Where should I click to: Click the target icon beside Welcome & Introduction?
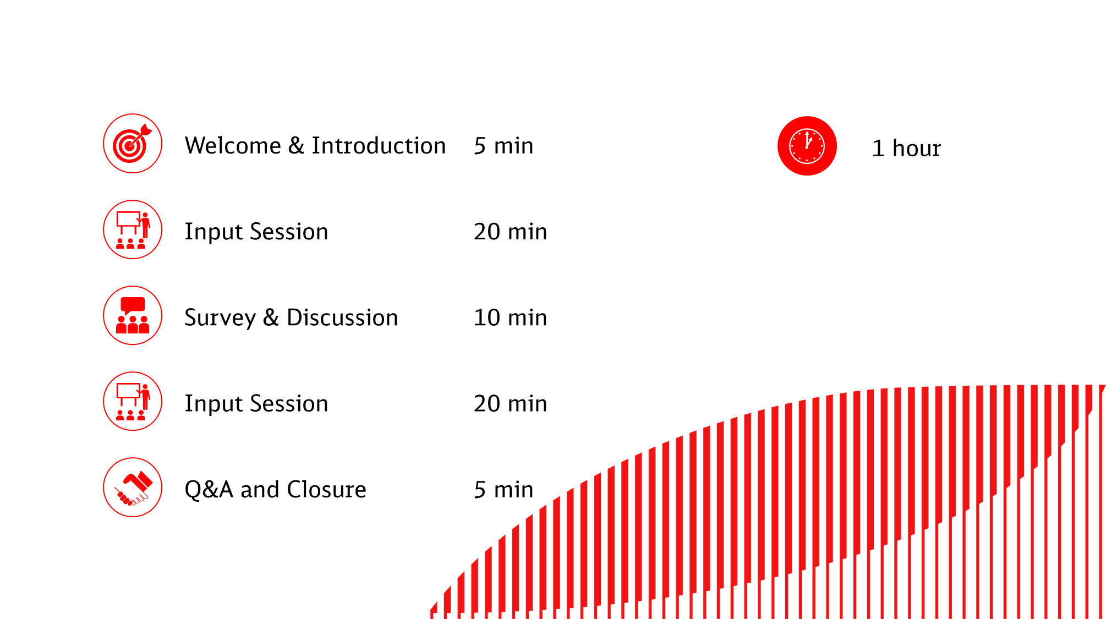tap(133, 144)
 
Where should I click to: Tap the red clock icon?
tap(807, 146)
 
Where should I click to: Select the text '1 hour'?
tap(906, 148)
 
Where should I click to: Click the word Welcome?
tap(233, 146)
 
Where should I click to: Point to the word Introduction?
tap(379, 146)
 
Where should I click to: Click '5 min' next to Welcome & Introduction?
tap(503, 146)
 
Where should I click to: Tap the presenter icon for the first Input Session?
tap(133, 229)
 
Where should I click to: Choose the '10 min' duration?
tap(510, 317)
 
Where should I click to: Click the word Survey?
tap(220, 318)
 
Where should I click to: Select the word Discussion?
tap(342, 317)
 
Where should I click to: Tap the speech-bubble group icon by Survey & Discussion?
tap(133, 315)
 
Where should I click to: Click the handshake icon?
tap(133, 487)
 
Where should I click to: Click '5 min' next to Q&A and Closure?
tap(503, 489)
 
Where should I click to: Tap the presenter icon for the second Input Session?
tap(133, 401)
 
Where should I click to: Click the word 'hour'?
tap(917, 148)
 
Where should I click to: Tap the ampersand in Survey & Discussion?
tap(271, 317)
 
